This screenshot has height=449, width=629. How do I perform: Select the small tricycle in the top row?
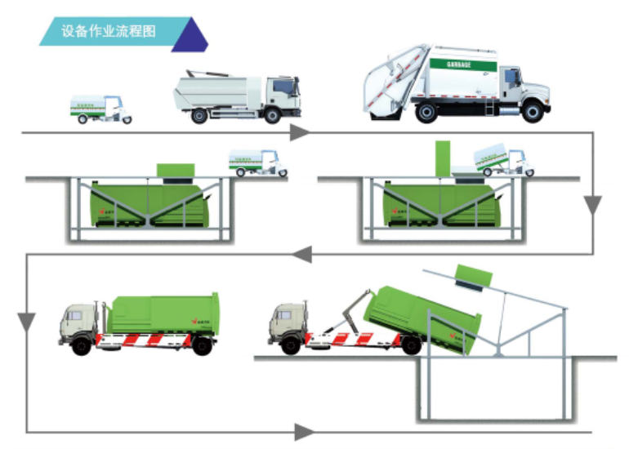[100, 109]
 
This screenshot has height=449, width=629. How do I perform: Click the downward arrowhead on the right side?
[594, 205]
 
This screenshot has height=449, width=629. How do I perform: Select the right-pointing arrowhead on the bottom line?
[303, 431]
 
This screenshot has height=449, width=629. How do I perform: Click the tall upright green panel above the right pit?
[443, 158]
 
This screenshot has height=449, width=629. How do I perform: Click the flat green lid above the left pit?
[175, 170]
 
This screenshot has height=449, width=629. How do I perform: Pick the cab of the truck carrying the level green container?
[78, 323]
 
